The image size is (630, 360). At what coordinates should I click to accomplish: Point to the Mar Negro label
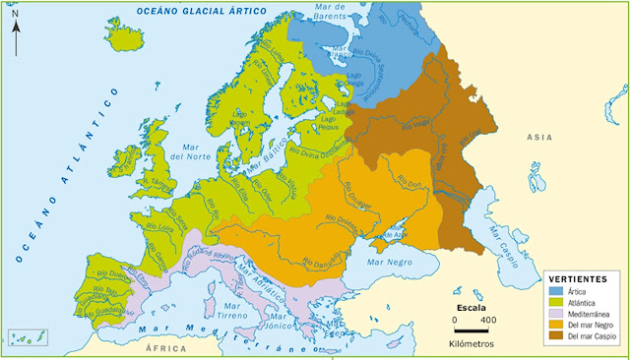[387, 263]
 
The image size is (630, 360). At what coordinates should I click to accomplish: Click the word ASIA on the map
[539, 138]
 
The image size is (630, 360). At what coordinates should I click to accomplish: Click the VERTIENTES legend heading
[576, 279]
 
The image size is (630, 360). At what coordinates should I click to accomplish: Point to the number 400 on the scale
[487, 321]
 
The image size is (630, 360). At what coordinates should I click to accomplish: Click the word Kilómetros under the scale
[472, 344]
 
